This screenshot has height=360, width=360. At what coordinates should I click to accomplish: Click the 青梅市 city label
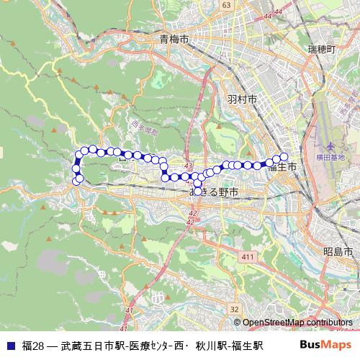(175, 40)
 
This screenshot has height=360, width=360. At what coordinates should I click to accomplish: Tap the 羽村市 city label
(241, 99)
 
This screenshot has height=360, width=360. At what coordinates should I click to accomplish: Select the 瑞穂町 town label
(321, 49)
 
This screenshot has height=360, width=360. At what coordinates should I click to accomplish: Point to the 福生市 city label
(282, 168)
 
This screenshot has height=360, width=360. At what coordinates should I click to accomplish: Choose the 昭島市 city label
(338, 253)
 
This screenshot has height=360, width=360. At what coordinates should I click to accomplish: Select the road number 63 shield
(226, 5)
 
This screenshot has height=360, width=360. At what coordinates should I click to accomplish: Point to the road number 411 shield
(249, 257)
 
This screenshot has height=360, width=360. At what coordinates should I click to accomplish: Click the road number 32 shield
(235, 309)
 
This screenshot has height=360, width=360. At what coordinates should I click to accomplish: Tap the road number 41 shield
(130, 310)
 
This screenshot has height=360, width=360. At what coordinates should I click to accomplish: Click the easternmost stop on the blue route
(284, 157)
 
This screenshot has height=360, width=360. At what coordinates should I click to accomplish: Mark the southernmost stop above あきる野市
(198, 191)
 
